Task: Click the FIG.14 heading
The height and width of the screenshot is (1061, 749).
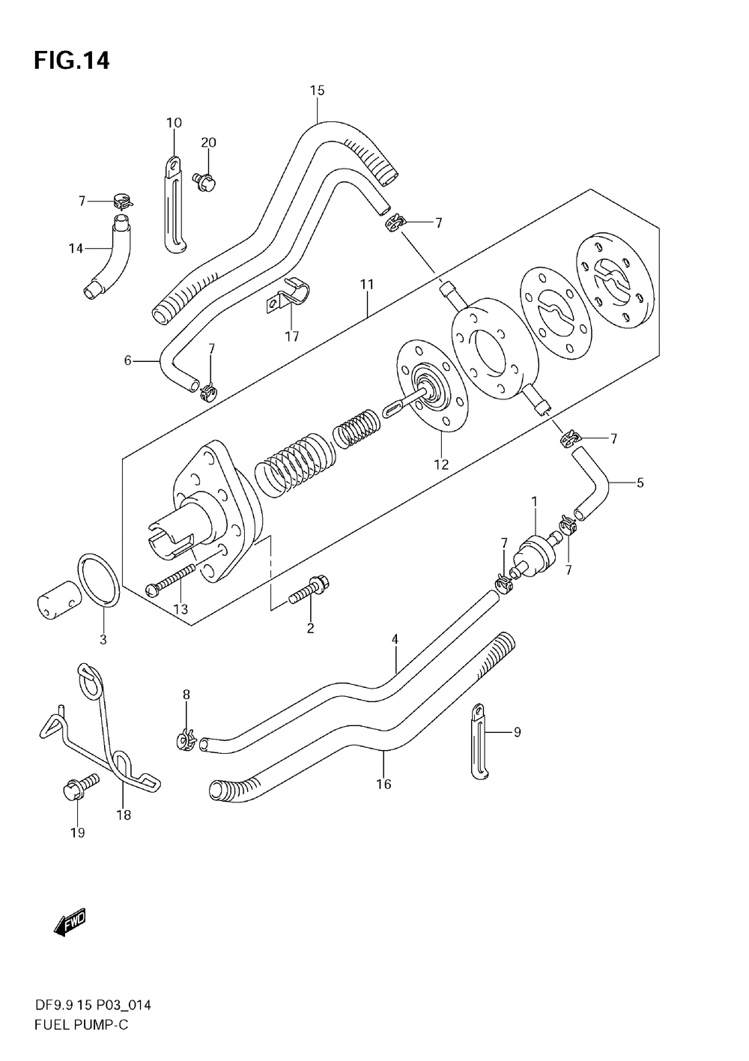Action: pyautogui.click(x=71, y=60)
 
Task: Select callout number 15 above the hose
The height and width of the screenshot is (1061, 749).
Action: pyautogui.click(x=317, y=91)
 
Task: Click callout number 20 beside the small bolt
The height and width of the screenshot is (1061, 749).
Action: pyautogui.click(x=208, y=142)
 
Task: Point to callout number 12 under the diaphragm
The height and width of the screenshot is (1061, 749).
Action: pyautogui.click(x=440, y=465)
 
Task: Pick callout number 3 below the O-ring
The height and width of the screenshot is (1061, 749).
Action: pyautogui.click(x=103, y=639)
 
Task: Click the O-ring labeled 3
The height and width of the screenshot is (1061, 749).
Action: pyautogui.click(x=99, y=580)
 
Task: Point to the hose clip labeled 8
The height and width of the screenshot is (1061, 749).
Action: pyautogui.click(x=186, y=740)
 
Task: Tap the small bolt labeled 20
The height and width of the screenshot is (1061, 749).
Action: pyautogui.click(x=204, y=179)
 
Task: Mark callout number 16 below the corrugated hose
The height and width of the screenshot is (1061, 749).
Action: pyautogui.click(x=383, y=785)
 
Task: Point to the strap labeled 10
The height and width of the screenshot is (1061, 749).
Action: pyautogui.click(x=173, y=202)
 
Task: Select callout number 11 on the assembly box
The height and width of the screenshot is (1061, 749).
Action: pyautogui.click(x=366, y=285)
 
